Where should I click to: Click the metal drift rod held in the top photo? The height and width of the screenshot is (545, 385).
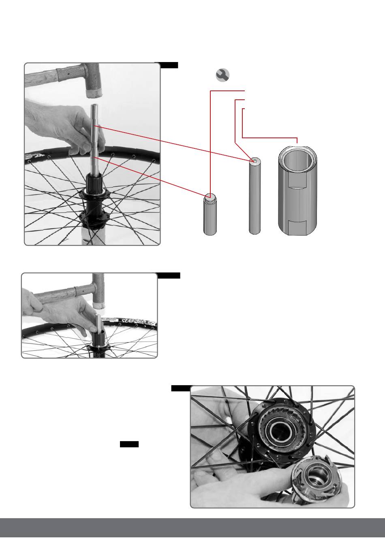[96, 134]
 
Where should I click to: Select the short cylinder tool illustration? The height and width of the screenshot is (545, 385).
[210, 214]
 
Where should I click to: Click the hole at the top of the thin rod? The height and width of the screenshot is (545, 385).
[254, 161]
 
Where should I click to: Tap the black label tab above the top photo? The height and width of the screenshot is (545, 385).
[167, 65]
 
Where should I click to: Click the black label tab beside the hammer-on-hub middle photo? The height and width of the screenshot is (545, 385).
[169, 276]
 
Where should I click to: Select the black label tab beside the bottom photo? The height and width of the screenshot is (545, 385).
[181, 388]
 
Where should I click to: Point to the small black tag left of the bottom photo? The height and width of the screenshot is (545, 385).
[129, 444]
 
